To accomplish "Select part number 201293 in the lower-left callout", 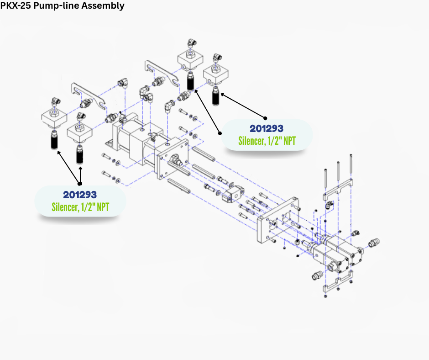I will (x=80, y=195).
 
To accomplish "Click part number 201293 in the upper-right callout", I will (x=267, y=128).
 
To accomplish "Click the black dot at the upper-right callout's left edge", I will (x=220, y=133).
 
